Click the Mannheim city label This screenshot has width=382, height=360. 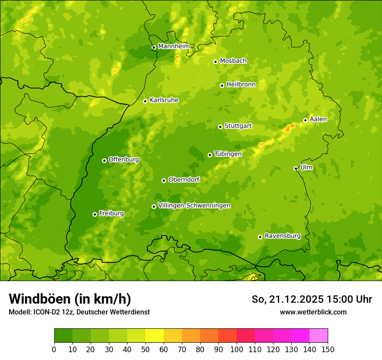174,46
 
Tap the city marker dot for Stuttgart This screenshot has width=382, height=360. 220,127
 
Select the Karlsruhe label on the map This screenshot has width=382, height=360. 164,100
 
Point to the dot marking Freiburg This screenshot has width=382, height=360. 95,214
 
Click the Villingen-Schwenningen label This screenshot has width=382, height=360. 194,206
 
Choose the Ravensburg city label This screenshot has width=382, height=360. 283,236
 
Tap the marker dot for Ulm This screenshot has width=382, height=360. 296,168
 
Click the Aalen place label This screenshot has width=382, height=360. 318,119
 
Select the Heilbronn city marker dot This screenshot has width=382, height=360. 222,85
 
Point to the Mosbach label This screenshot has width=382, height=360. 233,61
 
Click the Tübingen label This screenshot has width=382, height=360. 228,154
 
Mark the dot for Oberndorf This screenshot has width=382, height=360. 164,180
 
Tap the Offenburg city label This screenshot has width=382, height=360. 124,160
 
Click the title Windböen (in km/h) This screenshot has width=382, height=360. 70,299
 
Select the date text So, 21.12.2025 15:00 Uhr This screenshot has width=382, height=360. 312,299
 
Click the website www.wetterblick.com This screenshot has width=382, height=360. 313,312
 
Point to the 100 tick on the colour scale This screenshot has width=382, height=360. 237,350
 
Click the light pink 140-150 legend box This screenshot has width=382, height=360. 319,336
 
